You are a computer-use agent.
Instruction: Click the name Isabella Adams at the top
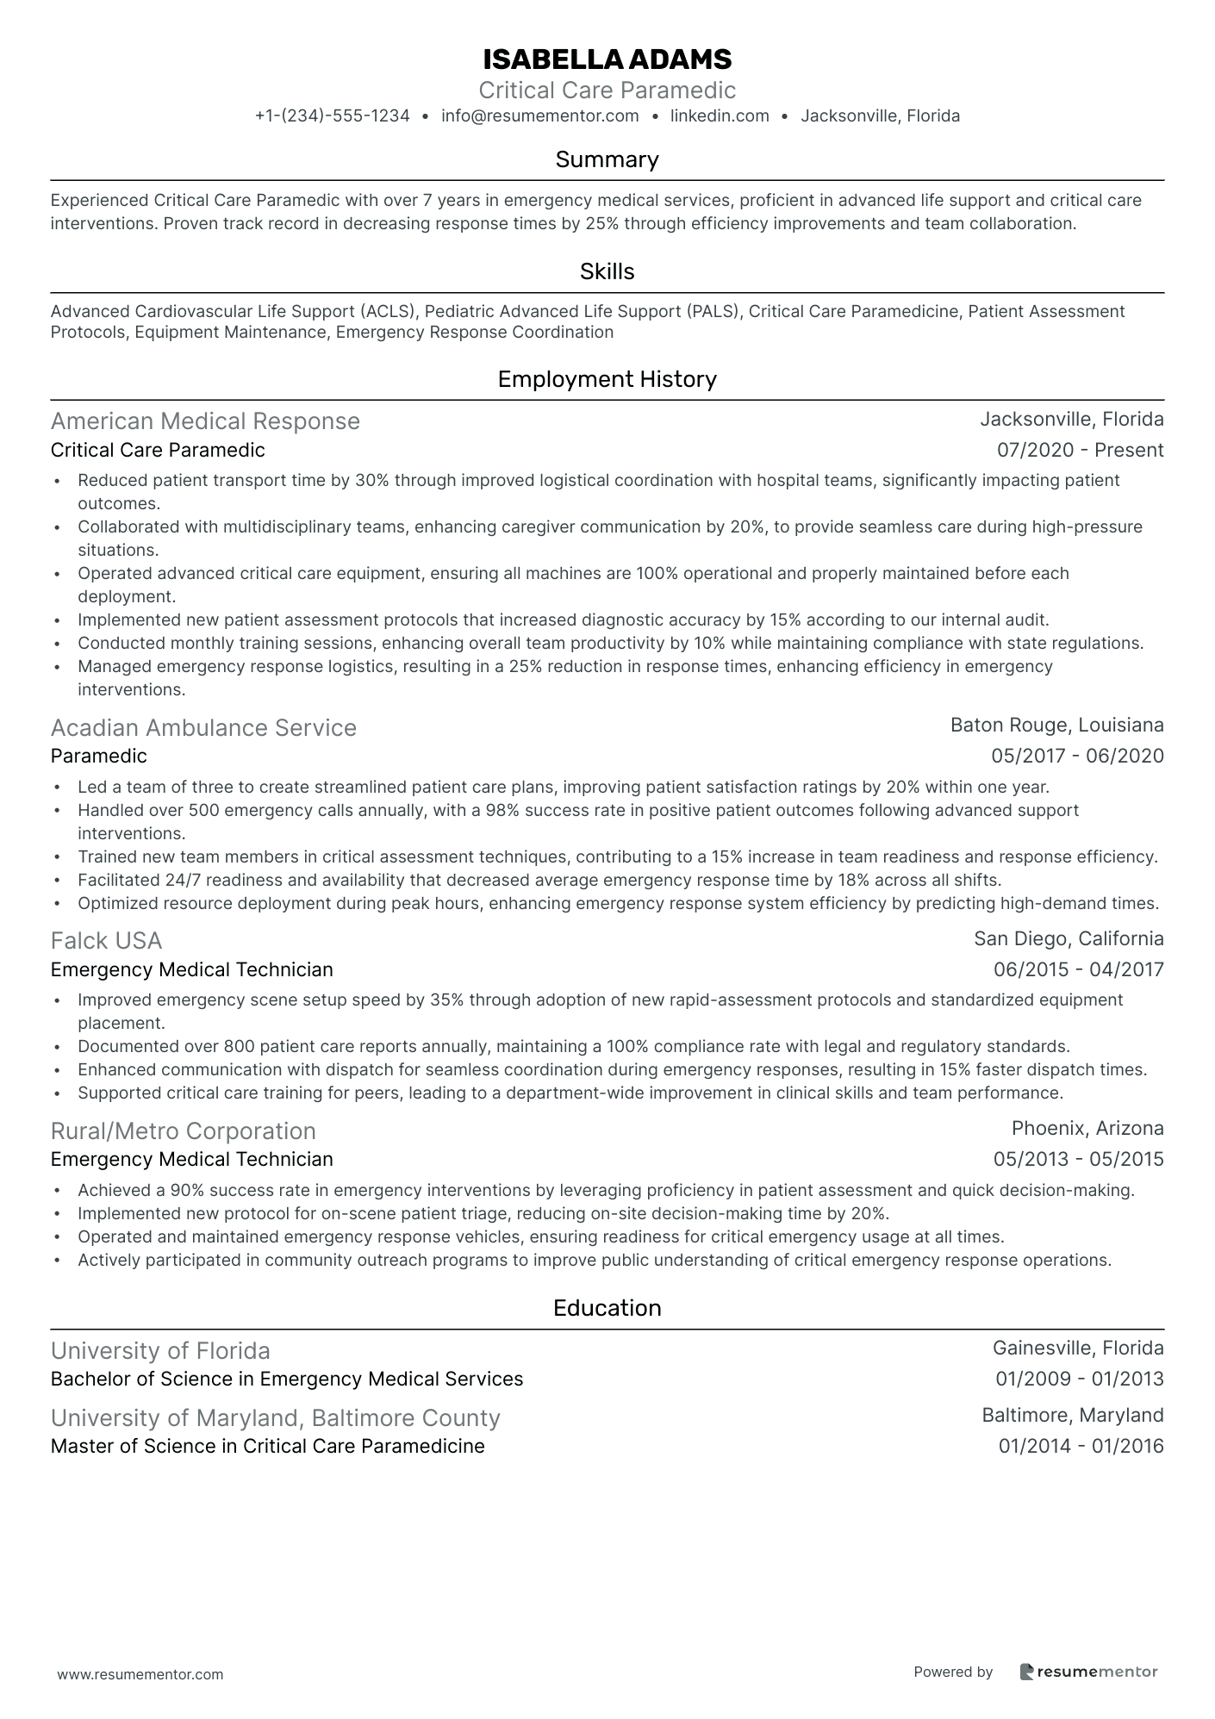pyautogui.click(x=607, y=59)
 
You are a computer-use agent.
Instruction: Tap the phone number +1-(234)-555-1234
pyautogui.click(x=332, y=115)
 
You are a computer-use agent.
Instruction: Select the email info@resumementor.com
pyautogui.click(x=539, y=115)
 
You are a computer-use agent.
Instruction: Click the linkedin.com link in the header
pyautogui.click(x=720, y=115)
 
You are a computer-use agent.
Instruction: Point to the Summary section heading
pyautogui.click(x=607, y=159)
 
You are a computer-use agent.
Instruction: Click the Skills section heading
pyautogui.click(x=607, y=271)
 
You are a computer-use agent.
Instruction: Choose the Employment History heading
pyautogui.click(x=607, y=379)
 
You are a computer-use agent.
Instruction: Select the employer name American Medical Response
pyautogui.click(x=205, y=421)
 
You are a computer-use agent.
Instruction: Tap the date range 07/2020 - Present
pyautogui.click(x=1080, y=450)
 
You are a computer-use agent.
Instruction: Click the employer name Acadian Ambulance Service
pyautogui.click(x=203, y=728)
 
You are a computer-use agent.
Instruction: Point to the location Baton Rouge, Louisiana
pyautogui.click(x=1056, y=725)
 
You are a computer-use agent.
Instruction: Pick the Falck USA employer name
pyautogui.click(x=106, y=940)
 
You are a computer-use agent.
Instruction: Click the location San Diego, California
pyautogui.click(x=1069, y=938)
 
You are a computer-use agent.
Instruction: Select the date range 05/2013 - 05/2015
pyautogui.click(x=1078, y=1159)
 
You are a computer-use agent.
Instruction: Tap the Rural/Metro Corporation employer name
pyautogui.click(x=183, y=1130)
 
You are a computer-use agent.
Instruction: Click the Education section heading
pyautogui.click(x=607, y=1308)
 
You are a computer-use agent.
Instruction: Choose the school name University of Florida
pyautogui.click(x=160, y=1350)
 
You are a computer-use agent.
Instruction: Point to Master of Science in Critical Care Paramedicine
pyautogui.click(x=267, y=1446)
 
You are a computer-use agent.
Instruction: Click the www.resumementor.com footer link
pyautogui.click(x=140, y=1674)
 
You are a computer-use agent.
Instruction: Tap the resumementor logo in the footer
pyautogui.click(x=1088, y=1672)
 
